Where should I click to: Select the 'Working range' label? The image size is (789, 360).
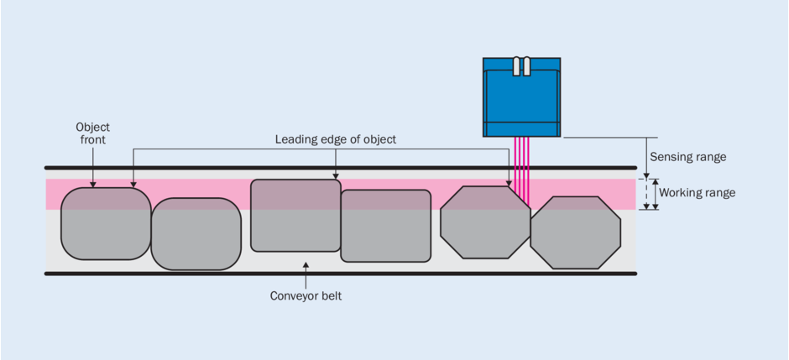pos(697,193)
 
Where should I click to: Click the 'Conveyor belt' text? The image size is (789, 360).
pos(306,296)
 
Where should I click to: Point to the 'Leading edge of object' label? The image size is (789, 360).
pos(335,139)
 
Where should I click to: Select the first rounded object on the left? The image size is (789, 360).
pos(106,224)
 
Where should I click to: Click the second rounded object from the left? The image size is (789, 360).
pos(196,234)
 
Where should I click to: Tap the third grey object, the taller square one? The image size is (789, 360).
pos(295,216)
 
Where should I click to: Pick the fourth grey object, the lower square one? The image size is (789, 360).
pos(385,226)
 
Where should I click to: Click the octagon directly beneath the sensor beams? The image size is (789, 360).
pos(485,222)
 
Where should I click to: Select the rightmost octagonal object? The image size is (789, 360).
pos(575,232)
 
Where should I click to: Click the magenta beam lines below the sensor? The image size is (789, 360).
pos(521,168)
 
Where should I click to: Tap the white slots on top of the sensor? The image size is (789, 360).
pos(521,66)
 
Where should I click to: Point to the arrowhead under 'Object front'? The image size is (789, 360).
pos(92,183)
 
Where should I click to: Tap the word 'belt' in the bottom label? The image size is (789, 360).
pos(329,296)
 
